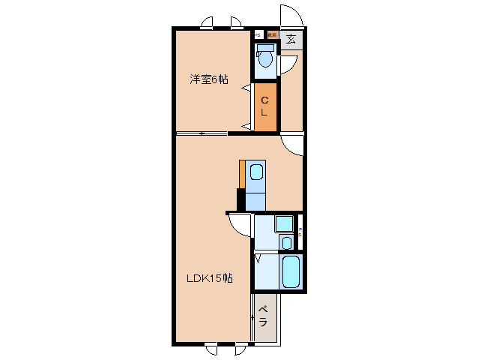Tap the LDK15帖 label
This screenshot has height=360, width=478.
pyautogui.click(x=209, y=278)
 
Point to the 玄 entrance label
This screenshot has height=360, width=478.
pyautogui.click(x=291, y=39)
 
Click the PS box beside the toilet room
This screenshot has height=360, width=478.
pyautogui.click(x=257, y=34)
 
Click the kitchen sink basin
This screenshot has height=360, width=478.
pyautogui.click(x=256, y=173)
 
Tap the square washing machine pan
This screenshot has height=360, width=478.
pyautogui.click(x=284, y=224)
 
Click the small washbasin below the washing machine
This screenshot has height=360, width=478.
pyautogui.click(x=286, y=243)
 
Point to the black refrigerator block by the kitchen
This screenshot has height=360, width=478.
pyautogui.click(x=241, y=199)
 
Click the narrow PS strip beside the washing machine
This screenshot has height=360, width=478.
pyautogui.click(x=300, y=232)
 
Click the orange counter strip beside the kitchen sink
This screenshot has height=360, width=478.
pyautogui.click(x=242, y=174)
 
